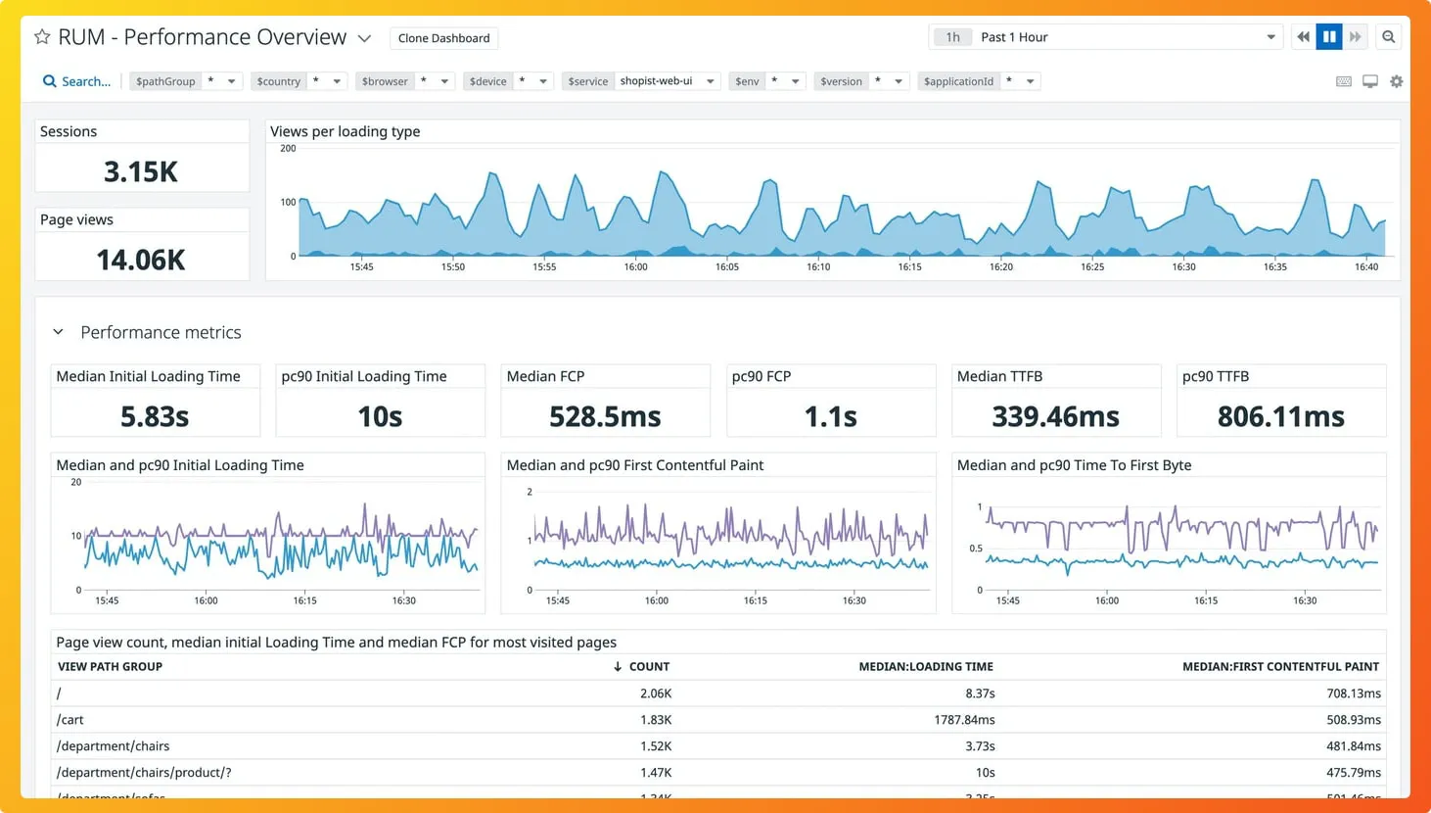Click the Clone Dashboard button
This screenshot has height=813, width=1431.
click(x=443, y=38)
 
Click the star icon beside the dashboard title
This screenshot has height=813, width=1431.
click(x=42, y=37)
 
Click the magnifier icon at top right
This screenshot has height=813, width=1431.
click(x=1388, y=37)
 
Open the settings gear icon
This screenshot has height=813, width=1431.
click(x=1397, y=81)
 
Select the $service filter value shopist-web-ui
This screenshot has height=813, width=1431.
click(x=656, y=81)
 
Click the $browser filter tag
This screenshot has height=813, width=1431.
click(x=385, y=81)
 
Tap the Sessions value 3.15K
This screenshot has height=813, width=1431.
click(x=141, y=172)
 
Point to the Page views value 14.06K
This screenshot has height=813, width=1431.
click(x=141, y=261)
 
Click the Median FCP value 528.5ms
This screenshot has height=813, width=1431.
click(x=605, y=417)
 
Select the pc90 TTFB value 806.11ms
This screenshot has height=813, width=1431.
click(x=1280, y=417)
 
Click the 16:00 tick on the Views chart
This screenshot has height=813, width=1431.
click(x=635, y=266)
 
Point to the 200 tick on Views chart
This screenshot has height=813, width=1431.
click(x=288, y=149)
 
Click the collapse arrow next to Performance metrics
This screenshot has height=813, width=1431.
click(x=58, y=332)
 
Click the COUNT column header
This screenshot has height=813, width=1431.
click(x=648, y=667)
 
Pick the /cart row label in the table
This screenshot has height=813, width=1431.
click(x=70, y=720)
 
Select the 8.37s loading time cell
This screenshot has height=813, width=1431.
click(x=980, y=693)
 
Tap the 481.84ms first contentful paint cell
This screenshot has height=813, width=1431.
click(x=1353, y=746)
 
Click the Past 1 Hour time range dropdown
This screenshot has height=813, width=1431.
click(x=1106, y=37)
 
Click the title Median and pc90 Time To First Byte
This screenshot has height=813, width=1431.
click(x=1074, y=465)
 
